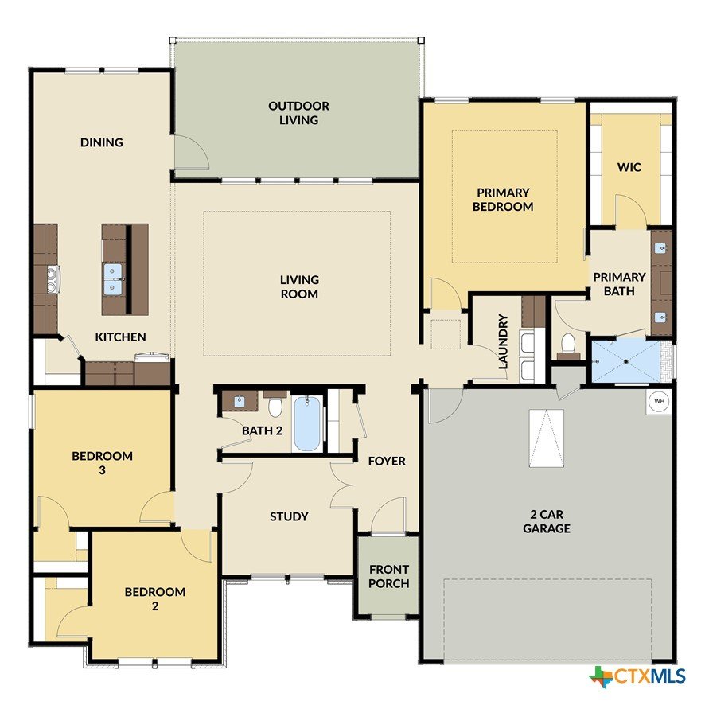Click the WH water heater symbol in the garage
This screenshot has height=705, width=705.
click(x=659, y=401)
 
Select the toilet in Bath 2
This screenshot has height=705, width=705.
click(x=275, y=405)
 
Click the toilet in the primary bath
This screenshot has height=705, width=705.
click(x=568, y=345)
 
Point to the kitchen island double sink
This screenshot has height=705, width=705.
click(x=112, y=279)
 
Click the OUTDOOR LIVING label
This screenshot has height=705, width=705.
click(x=299, y=113)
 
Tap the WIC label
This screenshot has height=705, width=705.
click(x=629, y=167)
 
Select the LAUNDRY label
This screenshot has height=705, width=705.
click(x=503, y=341)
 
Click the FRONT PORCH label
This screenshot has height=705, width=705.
click(x=389, y=576)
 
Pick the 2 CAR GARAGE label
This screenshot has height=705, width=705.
click(x=547, y=521)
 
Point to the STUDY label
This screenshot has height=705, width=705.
click(x=289, y=516)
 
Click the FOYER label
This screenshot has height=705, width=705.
click(x=387, y=461)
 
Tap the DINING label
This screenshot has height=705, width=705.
click(x=102, y=142)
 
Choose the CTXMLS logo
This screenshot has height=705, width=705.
click(x=637, y=676)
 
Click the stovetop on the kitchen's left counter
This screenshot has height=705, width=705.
click(x=53, y=279)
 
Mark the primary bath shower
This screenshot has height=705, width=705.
click(x=626, y=361)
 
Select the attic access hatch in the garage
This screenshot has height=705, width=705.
click(x=547, y=438)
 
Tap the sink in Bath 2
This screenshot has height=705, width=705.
click(x=240, y=400)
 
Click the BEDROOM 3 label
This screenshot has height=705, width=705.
click(x=102, y=462)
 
